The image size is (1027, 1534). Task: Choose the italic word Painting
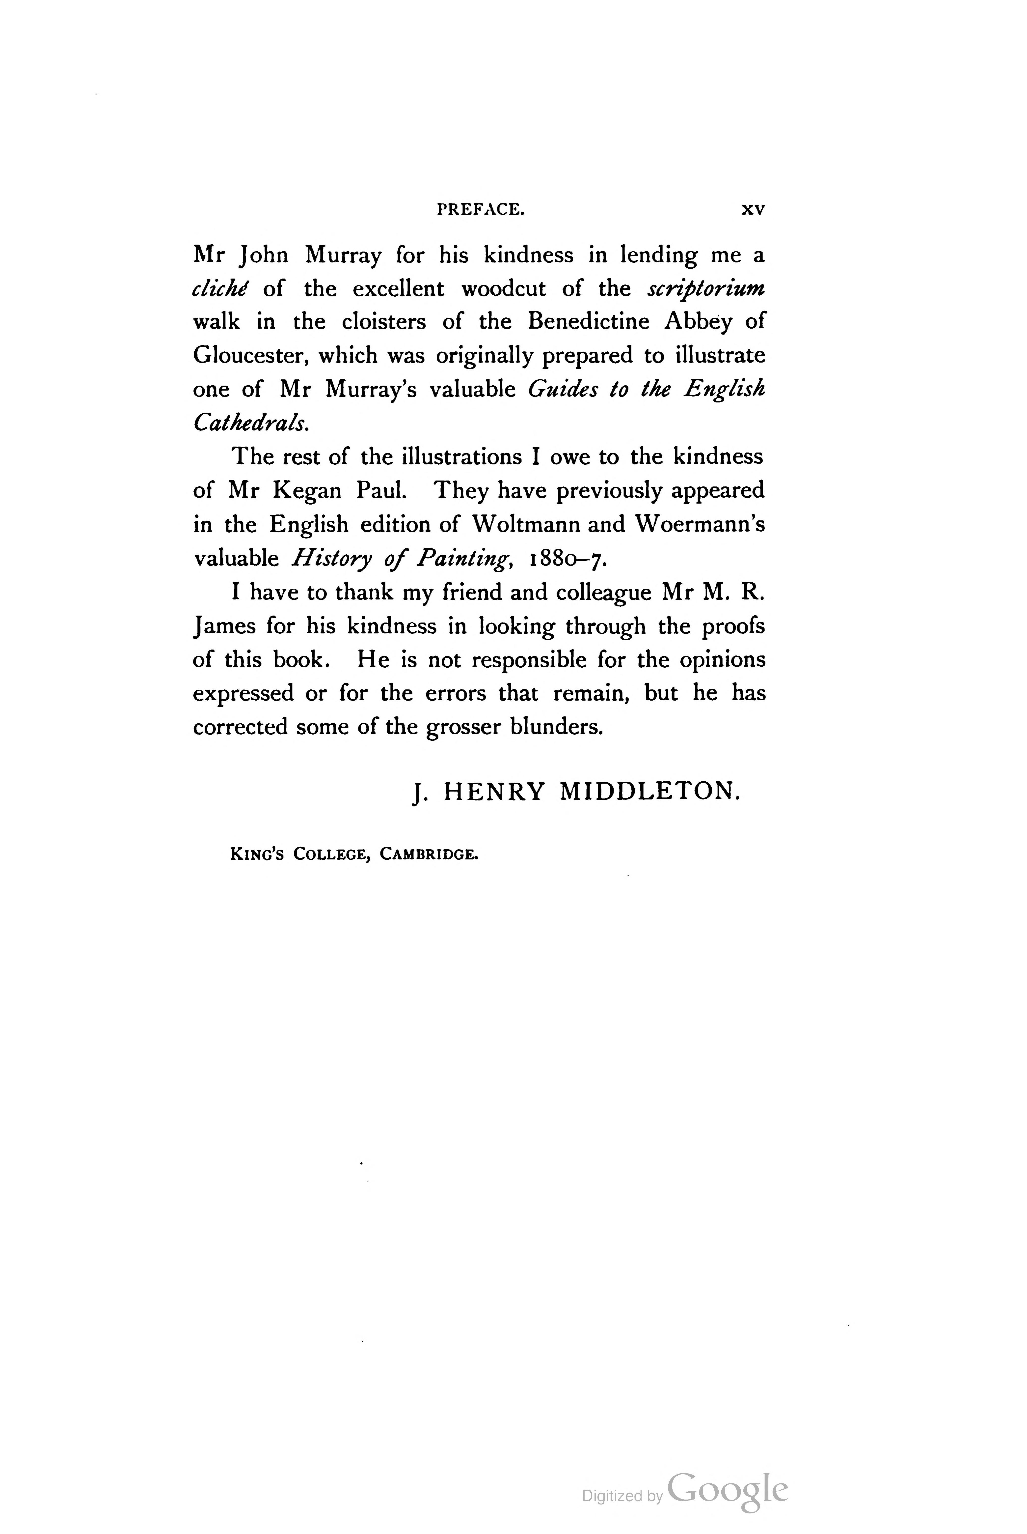coord(465,559)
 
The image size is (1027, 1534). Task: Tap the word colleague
coord(603,592)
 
